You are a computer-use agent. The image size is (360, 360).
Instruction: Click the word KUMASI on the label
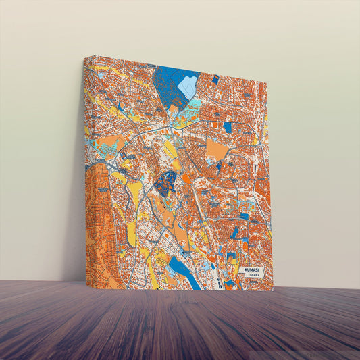click(x=253, y=269)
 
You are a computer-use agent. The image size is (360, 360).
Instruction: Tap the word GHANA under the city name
click(x=253, y=276)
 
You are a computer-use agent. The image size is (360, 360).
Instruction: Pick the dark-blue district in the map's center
click(x=166, y=182)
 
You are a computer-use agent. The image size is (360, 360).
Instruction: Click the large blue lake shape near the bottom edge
click(x=182, y=270)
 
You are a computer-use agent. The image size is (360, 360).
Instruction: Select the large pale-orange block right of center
click(x=217, y=149)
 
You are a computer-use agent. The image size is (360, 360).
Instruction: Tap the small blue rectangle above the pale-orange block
click(x=228, y=126)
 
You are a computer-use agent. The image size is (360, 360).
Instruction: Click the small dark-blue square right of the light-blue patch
click(x=215, y=80)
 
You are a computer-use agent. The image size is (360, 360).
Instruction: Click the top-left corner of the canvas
click(x=84, y=57)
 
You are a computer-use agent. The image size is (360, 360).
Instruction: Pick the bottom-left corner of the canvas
click(x=86, y=282)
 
